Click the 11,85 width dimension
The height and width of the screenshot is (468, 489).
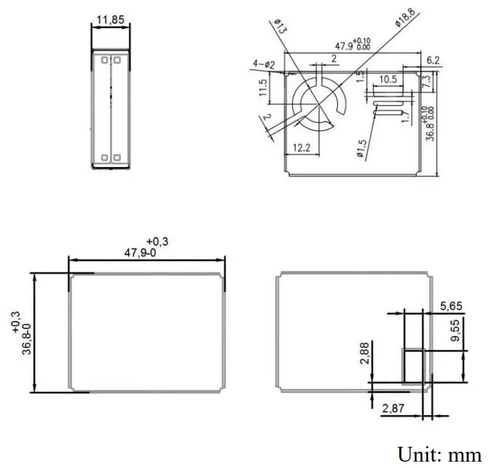(x=110, y=20)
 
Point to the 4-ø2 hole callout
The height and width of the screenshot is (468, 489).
(x=263, y=63)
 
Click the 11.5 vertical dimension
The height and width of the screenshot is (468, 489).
(x=263, y=88)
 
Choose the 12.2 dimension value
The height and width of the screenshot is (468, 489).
(x=301, y=148)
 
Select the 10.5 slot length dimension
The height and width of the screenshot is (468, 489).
(x=388, y=79)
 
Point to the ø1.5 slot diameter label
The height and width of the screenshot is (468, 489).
(x=361, y=148)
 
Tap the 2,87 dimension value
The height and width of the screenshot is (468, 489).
(x=394, y=410)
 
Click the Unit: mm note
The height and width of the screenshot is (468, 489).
(x=440, y=453)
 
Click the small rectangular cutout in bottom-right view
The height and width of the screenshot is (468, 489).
(x=413, y=366)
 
